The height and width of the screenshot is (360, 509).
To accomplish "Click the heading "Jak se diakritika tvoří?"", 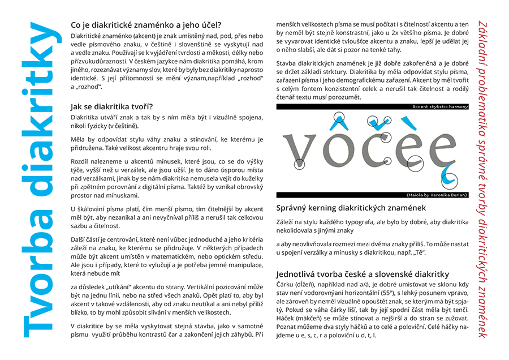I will coord(111,106).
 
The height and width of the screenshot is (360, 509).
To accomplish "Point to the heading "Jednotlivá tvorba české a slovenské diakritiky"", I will coord(363,274).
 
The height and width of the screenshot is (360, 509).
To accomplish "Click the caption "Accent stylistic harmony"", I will coord(439,106).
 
